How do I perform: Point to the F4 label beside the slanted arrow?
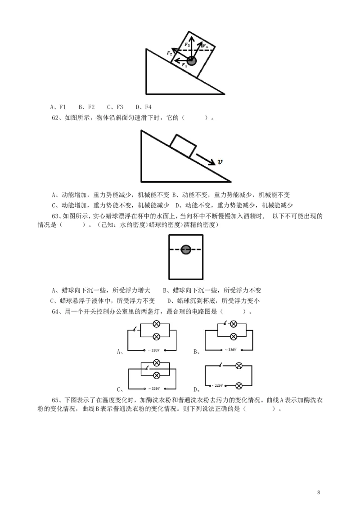pyautogui.click(x=205, y=46)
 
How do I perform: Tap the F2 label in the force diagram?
pyautogui.click(x=169, y=54)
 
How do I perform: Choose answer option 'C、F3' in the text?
pyautogui.click(x=115, y=107)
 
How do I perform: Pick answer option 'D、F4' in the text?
pyautogui.click(x=144, y=107)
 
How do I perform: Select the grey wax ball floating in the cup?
pyautogui.click(x=185, y=249)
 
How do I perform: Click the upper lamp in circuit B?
pyautogui.click(x=234, y=324)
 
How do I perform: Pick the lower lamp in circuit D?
pyautogui.click(x=239, y=385)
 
